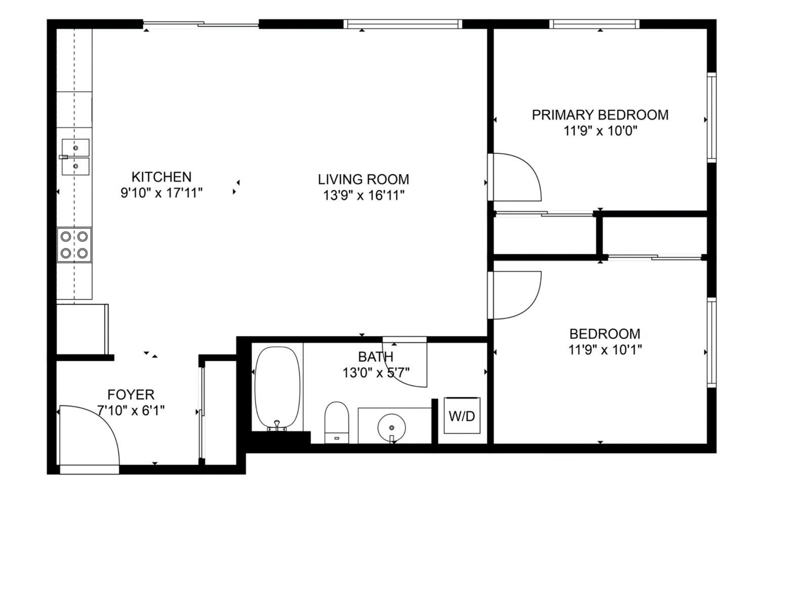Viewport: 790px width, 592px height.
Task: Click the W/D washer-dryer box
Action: coord(462,416)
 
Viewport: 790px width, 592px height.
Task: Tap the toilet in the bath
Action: coord(336,422)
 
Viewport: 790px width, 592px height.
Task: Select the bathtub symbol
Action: coord(277,388)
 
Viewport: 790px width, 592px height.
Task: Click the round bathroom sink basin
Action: coord(391,428)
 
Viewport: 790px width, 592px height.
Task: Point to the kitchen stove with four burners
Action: coord(74,245)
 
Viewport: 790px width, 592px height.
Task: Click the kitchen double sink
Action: coord(75,157)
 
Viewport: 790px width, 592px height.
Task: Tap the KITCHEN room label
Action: coord(162,177)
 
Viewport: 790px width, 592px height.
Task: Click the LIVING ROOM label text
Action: coord(364,179)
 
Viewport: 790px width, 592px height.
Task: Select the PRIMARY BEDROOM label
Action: coord(600,115)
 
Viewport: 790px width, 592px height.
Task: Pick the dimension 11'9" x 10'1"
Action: coord(605,350)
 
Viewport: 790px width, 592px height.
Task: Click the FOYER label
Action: coord(131,394)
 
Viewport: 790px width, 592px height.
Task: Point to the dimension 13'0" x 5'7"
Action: coord(376,373)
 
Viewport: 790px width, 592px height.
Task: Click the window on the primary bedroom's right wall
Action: coord(712,118)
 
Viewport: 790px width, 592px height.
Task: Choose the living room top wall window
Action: coord(403,24)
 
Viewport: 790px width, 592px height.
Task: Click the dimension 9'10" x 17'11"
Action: coord(162,193)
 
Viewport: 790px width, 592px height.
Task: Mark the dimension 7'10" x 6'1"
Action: coord(131,410)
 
